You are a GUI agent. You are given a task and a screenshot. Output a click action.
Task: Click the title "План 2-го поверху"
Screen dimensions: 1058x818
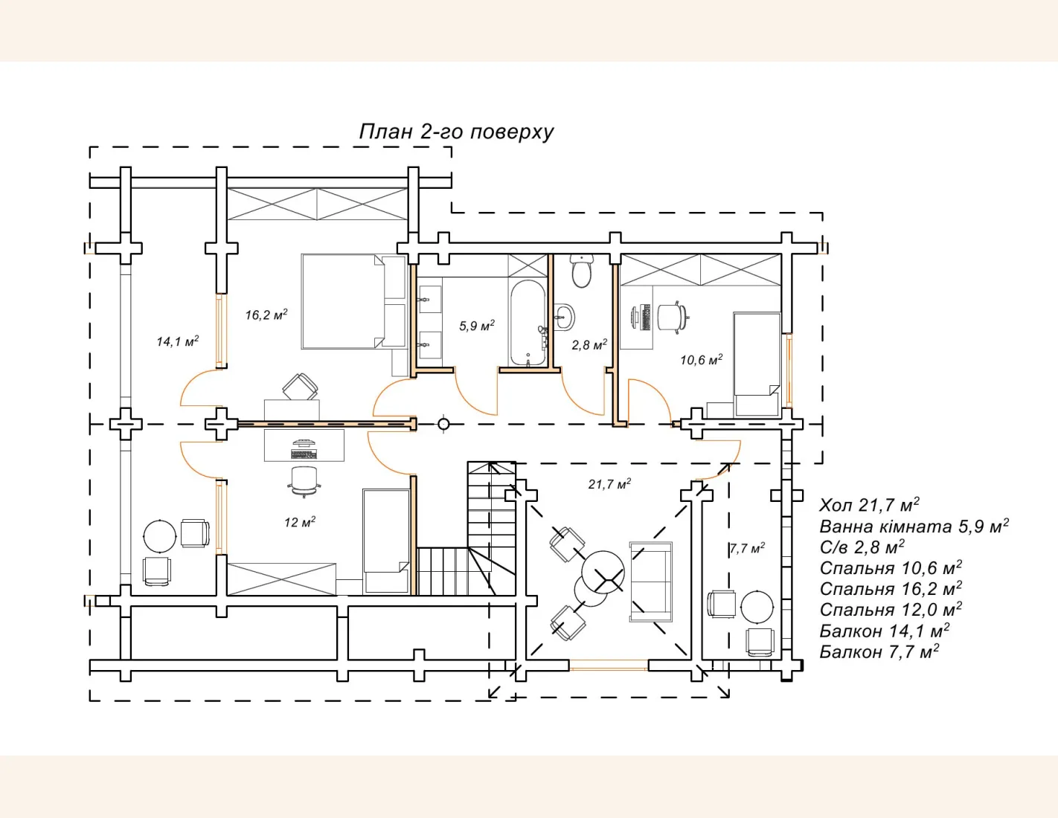[x=456, y=132]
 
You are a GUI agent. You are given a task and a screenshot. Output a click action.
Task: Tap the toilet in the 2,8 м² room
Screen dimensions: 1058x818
[x=581, y=270]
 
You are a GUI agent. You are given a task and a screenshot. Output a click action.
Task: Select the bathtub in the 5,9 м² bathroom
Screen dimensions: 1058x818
[x=528, y=323]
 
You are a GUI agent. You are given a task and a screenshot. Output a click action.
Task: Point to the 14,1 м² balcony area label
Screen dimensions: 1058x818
[x=178, y=341]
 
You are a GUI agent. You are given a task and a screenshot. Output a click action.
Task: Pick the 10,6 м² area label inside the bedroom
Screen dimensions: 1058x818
[x=701, y=360]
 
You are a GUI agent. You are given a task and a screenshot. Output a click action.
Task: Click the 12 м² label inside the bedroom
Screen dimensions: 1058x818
[x=300, y=522]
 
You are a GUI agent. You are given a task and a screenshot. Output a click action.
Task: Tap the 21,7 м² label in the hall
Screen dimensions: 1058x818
[x=609, y=483]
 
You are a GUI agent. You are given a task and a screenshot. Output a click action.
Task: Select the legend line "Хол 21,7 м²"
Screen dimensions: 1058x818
[x=869, y=505]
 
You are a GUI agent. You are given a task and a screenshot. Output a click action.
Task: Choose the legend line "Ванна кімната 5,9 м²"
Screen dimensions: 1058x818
[x=914, y=526]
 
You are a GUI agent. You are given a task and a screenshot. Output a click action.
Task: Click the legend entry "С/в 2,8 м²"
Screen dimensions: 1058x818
[x=862, y=547]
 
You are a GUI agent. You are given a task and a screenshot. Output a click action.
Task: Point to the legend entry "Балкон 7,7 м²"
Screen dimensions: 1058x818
[x=879, y=651]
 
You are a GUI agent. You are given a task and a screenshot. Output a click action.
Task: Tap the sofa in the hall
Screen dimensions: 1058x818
[x=650, y=582]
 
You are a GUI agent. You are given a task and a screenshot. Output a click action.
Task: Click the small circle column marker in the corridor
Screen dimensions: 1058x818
[x=443, y=425]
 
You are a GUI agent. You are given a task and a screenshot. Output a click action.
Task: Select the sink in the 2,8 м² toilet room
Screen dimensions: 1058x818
[x=564, y=317]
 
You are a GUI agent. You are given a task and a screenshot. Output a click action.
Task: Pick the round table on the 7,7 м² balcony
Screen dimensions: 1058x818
[x=757, y=606]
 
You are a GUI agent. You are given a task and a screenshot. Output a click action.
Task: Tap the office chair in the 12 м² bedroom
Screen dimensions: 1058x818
[x=304, y=482]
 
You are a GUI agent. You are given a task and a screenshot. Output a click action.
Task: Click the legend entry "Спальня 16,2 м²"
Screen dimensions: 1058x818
[x=891, y=589]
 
